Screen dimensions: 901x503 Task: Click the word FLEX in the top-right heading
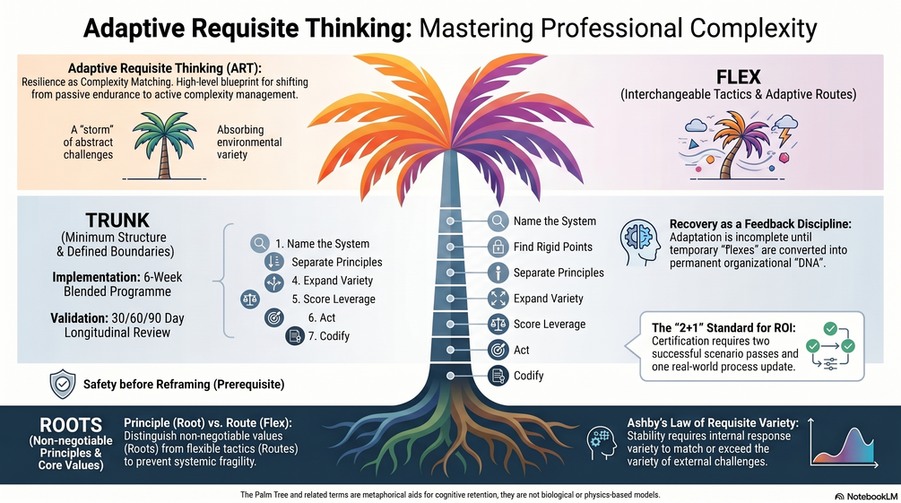[x=739, y=76]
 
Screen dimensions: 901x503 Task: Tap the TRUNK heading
[x=117, y=221]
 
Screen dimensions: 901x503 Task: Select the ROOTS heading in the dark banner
[x=71, y=425]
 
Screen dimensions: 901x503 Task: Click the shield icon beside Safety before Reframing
[x=63, y=384]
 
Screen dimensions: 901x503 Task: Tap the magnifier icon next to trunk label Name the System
[x=498, y=221]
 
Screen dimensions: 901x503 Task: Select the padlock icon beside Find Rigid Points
[x=498, y=247]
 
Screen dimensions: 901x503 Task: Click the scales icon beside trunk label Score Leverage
[x=498, y=325]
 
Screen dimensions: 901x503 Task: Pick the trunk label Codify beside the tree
[x=529, y=376]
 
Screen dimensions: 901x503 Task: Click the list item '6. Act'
[x=322, y=317]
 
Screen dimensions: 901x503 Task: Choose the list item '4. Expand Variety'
[x=332, y=281]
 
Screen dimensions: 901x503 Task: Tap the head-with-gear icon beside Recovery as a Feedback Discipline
[x=640, y=242]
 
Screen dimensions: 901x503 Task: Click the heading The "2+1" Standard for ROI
[x=723, y=327]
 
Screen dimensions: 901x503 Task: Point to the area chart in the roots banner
[x=844, y=445]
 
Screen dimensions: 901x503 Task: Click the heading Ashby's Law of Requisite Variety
[x=713, y=423]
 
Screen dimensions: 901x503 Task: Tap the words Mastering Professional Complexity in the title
[x=618, y=28]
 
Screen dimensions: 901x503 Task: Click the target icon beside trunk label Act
[x=498, y=350]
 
